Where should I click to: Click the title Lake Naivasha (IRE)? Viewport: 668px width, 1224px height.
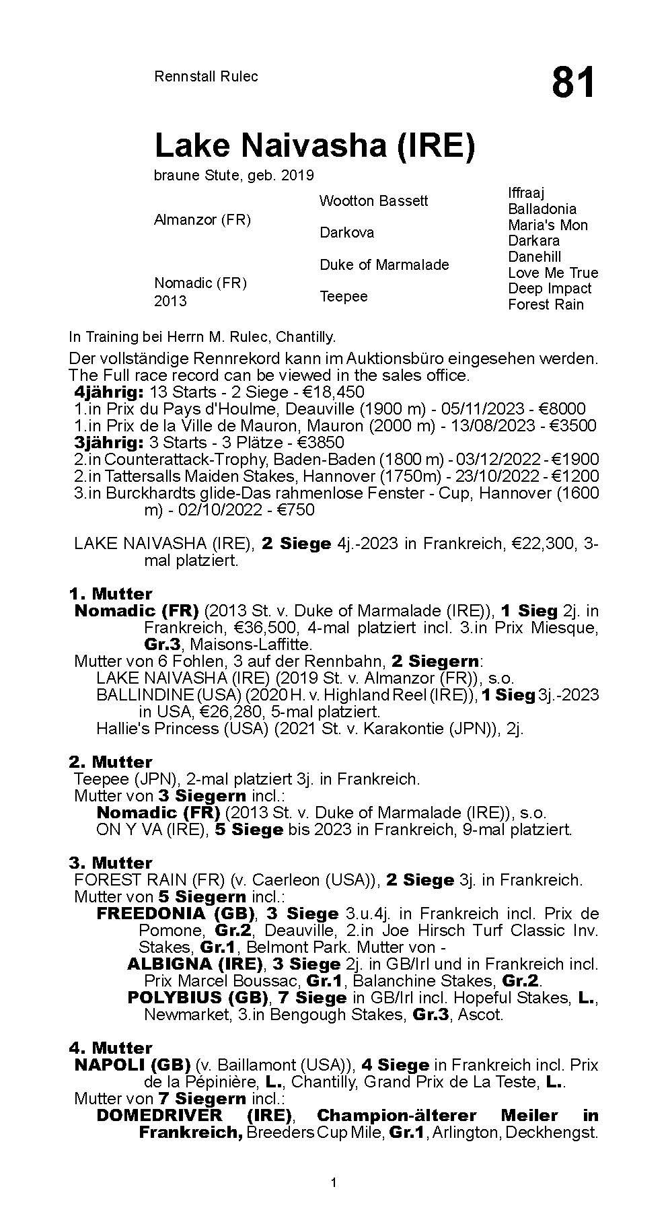314,145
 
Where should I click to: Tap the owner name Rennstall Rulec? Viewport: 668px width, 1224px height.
206,77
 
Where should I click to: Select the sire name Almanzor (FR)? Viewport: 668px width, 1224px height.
202,220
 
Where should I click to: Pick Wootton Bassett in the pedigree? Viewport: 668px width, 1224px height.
373,201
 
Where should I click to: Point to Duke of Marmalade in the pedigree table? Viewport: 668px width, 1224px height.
384,264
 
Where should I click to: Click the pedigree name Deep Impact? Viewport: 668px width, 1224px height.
550,288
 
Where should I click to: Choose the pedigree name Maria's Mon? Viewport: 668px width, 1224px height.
548,225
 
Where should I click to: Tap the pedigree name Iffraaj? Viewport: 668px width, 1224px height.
526,193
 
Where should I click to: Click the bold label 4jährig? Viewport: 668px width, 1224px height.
109,392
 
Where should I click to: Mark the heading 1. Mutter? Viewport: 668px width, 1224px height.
110,593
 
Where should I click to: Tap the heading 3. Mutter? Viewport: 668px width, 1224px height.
110,863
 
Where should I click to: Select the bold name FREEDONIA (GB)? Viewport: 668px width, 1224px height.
176,913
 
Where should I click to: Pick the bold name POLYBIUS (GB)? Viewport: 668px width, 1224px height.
198,997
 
